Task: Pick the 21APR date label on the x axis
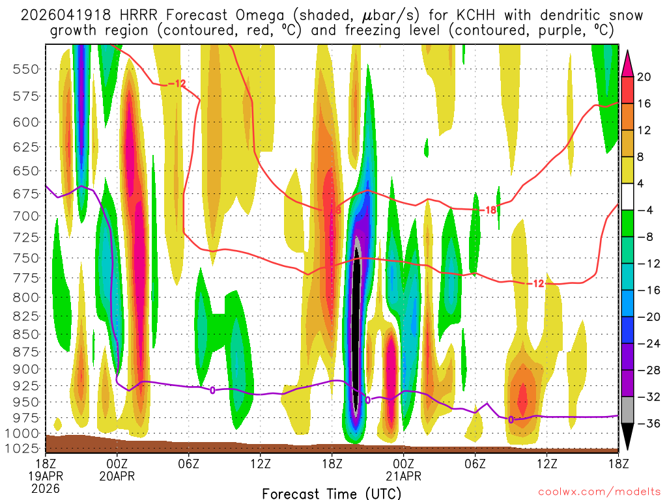pyautogui.click(x=403, y=475)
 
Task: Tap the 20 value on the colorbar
pyautogui.click(x=644, y=77)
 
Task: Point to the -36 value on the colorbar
pyautogui.click(x=646, y=423)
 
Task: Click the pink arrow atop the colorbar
pyautogui.click(x=628, y=60)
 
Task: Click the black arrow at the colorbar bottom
pyautogui.click(x=628, y=438)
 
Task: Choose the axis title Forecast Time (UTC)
pyautogui.click(x=332, y=492)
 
